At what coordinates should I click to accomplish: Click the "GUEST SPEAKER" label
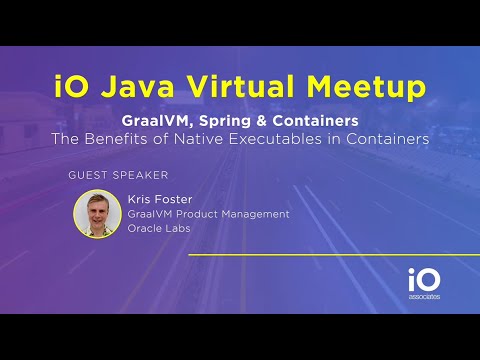pos(111,175)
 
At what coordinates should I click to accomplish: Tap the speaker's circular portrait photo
pos(97,213)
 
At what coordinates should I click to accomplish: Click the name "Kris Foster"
pos(161,198)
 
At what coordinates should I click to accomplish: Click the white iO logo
pos(422,280)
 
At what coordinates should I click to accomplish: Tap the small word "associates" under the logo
pos(423,297)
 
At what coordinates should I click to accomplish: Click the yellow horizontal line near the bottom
pos(320,256)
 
